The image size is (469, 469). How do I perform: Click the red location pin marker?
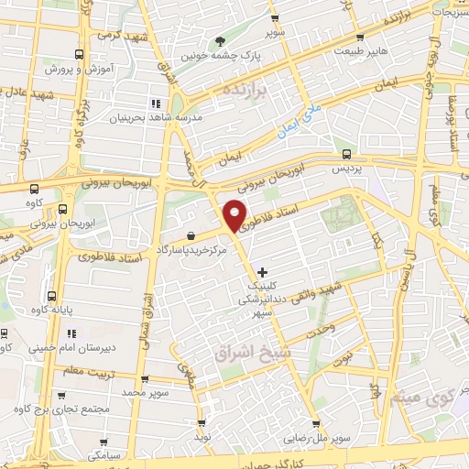coord(235,213)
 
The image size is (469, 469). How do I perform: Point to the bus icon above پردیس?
coord(345,154)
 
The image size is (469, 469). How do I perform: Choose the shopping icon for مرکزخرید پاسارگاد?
coord(189,235)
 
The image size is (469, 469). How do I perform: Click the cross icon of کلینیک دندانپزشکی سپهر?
coord(263,272)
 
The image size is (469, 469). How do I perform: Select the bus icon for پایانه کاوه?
coord(50,297)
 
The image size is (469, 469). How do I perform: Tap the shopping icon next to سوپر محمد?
coord(145,378)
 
